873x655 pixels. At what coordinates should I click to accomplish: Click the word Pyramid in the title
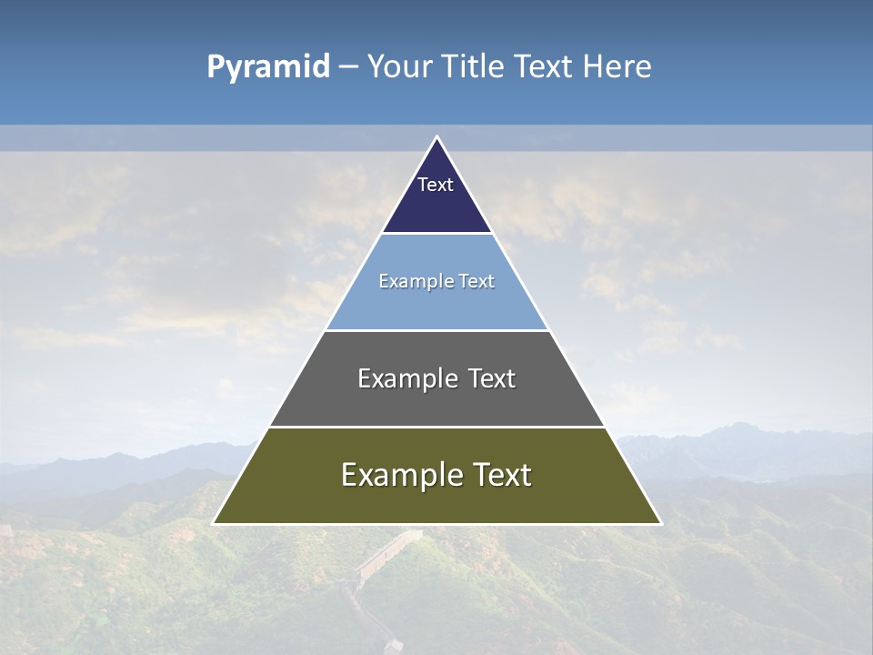point(268,67)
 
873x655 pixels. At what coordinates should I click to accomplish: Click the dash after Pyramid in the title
point(347,67)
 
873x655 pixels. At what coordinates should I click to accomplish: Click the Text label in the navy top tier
point(436,185)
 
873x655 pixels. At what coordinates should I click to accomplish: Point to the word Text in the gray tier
point(493,378)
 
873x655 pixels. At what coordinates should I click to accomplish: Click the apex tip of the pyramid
point(436,138)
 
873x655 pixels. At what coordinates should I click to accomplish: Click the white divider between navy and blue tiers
point(436,234)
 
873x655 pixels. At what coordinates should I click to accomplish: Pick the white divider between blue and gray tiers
point(436,330)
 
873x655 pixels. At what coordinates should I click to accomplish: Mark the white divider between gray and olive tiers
point(436,427)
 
